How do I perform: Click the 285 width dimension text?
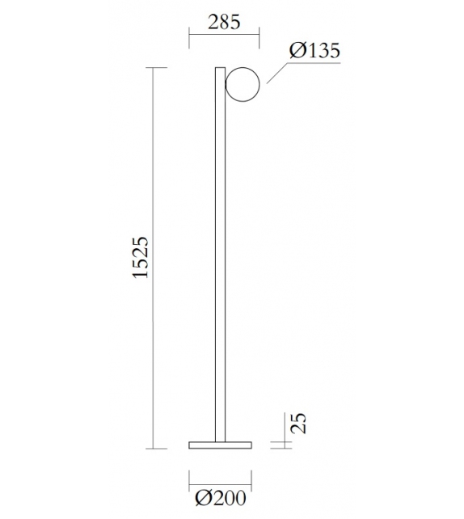(x=224, y=22)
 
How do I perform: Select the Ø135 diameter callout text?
(x=314, y=50)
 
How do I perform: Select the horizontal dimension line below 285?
(x=224, y=35)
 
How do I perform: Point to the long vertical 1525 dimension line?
(x=155, y=258)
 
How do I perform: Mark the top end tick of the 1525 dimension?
(x=155, y=68)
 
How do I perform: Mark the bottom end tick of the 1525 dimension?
(x=155, y=448)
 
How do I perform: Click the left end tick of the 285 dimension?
(x=188, y=35)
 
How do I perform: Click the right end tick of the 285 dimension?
(x=259, y=35)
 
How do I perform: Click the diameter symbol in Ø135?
(x=297, y=50)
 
